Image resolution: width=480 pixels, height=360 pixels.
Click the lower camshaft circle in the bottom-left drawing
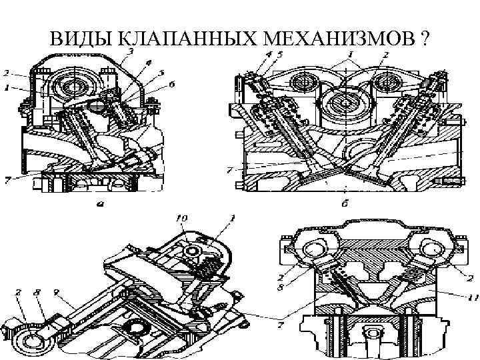29,342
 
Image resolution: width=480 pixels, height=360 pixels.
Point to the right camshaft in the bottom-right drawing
431,251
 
